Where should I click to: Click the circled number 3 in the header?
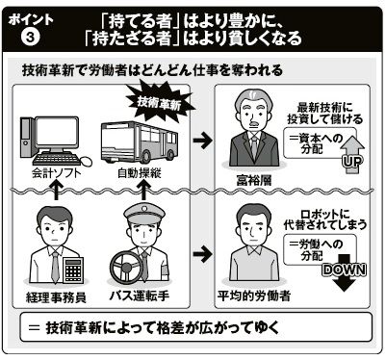(30, 38)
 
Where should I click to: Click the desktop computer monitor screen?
(57, 133)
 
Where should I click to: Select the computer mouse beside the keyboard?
(85, 161)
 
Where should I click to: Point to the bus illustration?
(140, 141)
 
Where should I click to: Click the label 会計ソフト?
(57, 173)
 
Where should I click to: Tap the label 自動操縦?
(140, 173)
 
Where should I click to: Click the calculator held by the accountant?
(73, 270)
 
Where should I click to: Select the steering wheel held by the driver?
(126, 267)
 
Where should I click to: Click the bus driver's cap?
(144, 213)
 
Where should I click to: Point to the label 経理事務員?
(56, 297)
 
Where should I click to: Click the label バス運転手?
(140, 296)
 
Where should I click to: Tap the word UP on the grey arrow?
(352, 161)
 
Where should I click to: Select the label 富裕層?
(254, 180)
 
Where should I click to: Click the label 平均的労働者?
(254, 296)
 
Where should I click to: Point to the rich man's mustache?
(253, 123)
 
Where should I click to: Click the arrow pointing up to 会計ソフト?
(56, 190)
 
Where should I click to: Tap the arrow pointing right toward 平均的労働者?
(202, 254)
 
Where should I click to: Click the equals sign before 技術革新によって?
(34, 328)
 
